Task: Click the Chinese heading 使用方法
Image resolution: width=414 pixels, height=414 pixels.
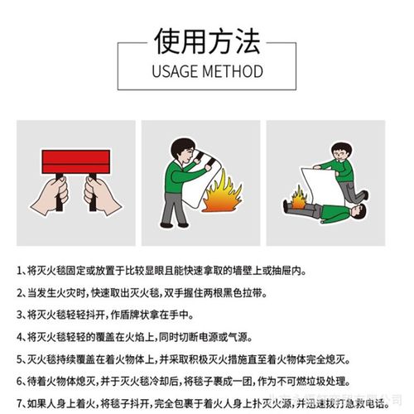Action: click(206, 38)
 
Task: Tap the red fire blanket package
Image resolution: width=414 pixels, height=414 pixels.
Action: click(75, 161)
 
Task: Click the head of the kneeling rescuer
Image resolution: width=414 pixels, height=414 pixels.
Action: click(341, 152)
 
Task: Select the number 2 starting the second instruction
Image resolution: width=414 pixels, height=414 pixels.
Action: click(20, 293)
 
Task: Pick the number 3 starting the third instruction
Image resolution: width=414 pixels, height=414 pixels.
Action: click(20, 315)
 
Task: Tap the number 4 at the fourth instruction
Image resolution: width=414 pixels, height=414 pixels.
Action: click(20, 337)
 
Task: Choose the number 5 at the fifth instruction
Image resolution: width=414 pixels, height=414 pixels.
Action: click(20, 359)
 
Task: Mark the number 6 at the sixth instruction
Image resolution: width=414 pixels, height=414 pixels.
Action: click(20, 381)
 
